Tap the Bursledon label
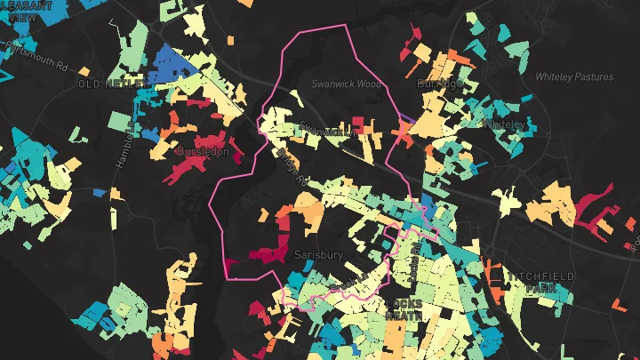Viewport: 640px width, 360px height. tap(203, 152)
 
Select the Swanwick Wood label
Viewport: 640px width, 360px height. tap(346, 84)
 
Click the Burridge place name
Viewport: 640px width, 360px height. tap(442, 84)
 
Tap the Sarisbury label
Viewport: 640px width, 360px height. tap(319, 254)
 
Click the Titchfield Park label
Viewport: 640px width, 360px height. tap(540, 283)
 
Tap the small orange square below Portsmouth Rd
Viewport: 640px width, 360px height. tap(84, 70)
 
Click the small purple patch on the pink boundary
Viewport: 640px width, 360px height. tap(405, 116)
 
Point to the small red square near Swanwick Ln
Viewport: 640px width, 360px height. tap(358, 122)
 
